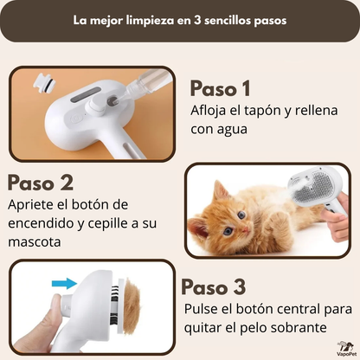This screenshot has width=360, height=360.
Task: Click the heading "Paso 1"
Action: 220,88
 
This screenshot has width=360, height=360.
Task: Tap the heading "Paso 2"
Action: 41,183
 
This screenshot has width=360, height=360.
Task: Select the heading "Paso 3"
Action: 214,286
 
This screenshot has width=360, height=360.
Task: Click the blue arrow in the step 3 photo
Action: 64,283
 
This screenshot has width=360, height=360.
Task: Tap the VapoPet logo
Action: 346,349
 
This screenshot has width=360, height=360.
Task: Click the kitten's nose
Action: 245,230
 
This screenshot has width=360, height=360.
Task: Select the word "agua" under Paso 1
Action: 232,130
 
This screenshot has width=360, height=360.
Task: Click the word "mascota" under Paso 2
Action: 35,241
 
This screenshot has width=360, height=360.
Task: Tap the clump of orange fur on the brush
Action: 132,305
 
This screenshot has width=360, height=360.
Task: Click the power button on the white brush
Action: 76,118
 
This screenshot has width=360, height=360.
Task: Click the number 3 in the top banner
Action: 197,21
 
